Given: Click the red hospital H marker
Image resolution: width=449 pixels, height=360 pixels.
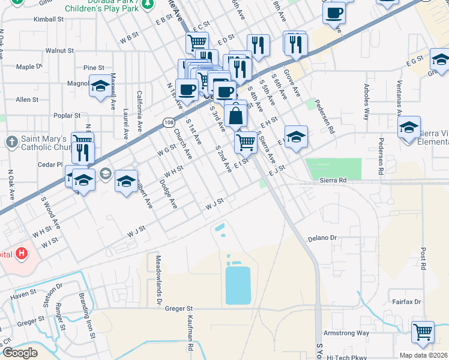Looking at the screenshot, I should [22, 254].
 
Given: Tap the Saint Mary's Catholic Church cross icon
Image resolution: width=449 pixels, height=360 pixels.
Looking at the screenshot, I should [11, 142].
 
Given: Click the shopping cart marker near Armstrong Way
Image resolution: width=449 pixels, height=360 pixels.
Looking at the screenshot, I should [423, 332].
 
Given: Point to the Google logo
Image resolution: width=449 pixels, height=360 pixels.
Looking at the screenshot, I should [20, 353].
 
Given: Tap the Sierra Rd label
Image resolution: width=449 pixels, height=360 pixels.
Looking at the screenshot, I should [333, 180].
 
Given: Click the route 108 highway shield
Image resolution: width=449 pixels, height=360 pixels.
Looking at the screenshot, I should [168, 122].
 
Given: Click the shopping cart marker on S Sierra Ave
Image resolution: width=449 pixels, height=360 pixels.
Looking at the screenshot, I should [246, 142].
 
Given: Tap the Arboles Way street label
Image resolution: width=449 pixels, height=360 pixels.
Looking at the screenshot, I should [366, 106].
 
